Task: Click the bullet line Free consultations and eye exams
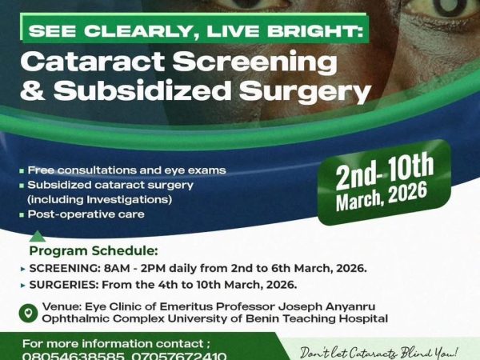[126, 170]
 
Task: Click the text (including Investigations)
[88, 199]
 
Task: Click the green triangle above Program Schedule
[37, 236]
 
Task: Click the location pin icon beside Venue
[29, 312]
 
